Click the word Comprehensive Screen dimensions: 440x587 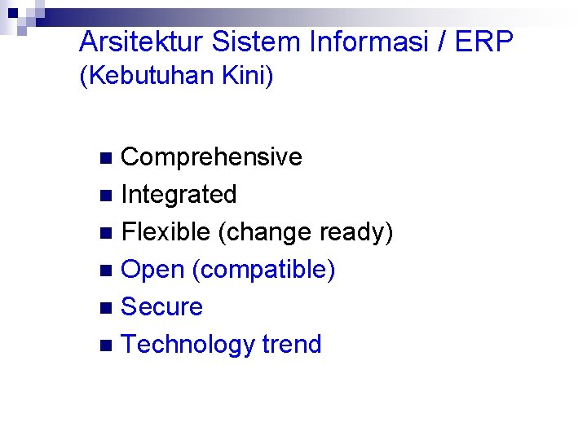pos(211,156)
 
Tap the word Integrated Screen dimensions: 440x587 pos(179,195)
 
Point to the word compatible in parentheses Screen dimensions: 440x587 pos(263,270)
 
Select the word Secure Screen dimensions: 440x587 pos(161,307)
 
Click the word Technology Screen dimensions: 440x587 pos(188,345)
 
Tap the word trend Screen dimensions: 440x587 pos(292,345)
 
